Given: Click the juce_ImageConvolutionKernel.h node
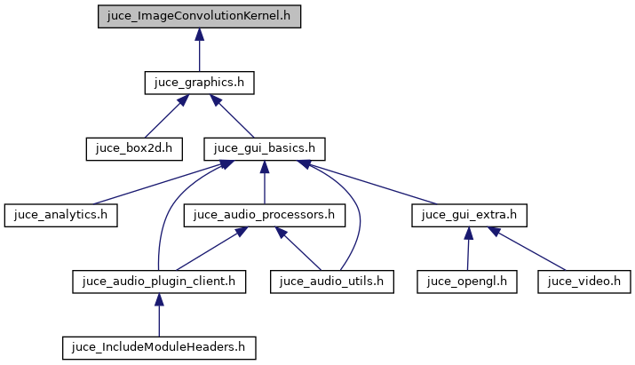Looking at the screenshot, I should [x=200, y=16].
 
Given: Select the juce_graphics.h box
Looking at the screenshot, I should [x=200, y=83].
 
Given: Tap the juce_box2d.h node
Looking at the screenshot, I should [x=134, y=147].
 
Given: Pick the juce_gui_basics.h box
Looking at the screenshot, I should [x=265, y=147].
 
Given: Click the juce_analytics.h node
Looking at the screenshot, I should [x=61, y=214].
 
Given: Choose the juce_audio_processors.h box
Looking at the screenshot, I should [x=265, y=214].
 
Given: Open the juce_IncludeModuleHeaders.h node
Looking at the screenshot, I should [x=158, y=346].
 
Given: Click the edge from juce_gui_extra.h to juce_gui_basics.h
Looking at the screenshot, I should [x=373, y=182].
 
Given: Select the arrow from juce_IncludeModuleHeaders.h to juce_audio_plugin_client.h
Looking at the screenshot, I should [x=158, y=315].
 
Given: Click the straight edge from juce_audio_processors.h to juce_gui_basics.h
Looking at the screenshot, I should [x=265, y=183].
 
